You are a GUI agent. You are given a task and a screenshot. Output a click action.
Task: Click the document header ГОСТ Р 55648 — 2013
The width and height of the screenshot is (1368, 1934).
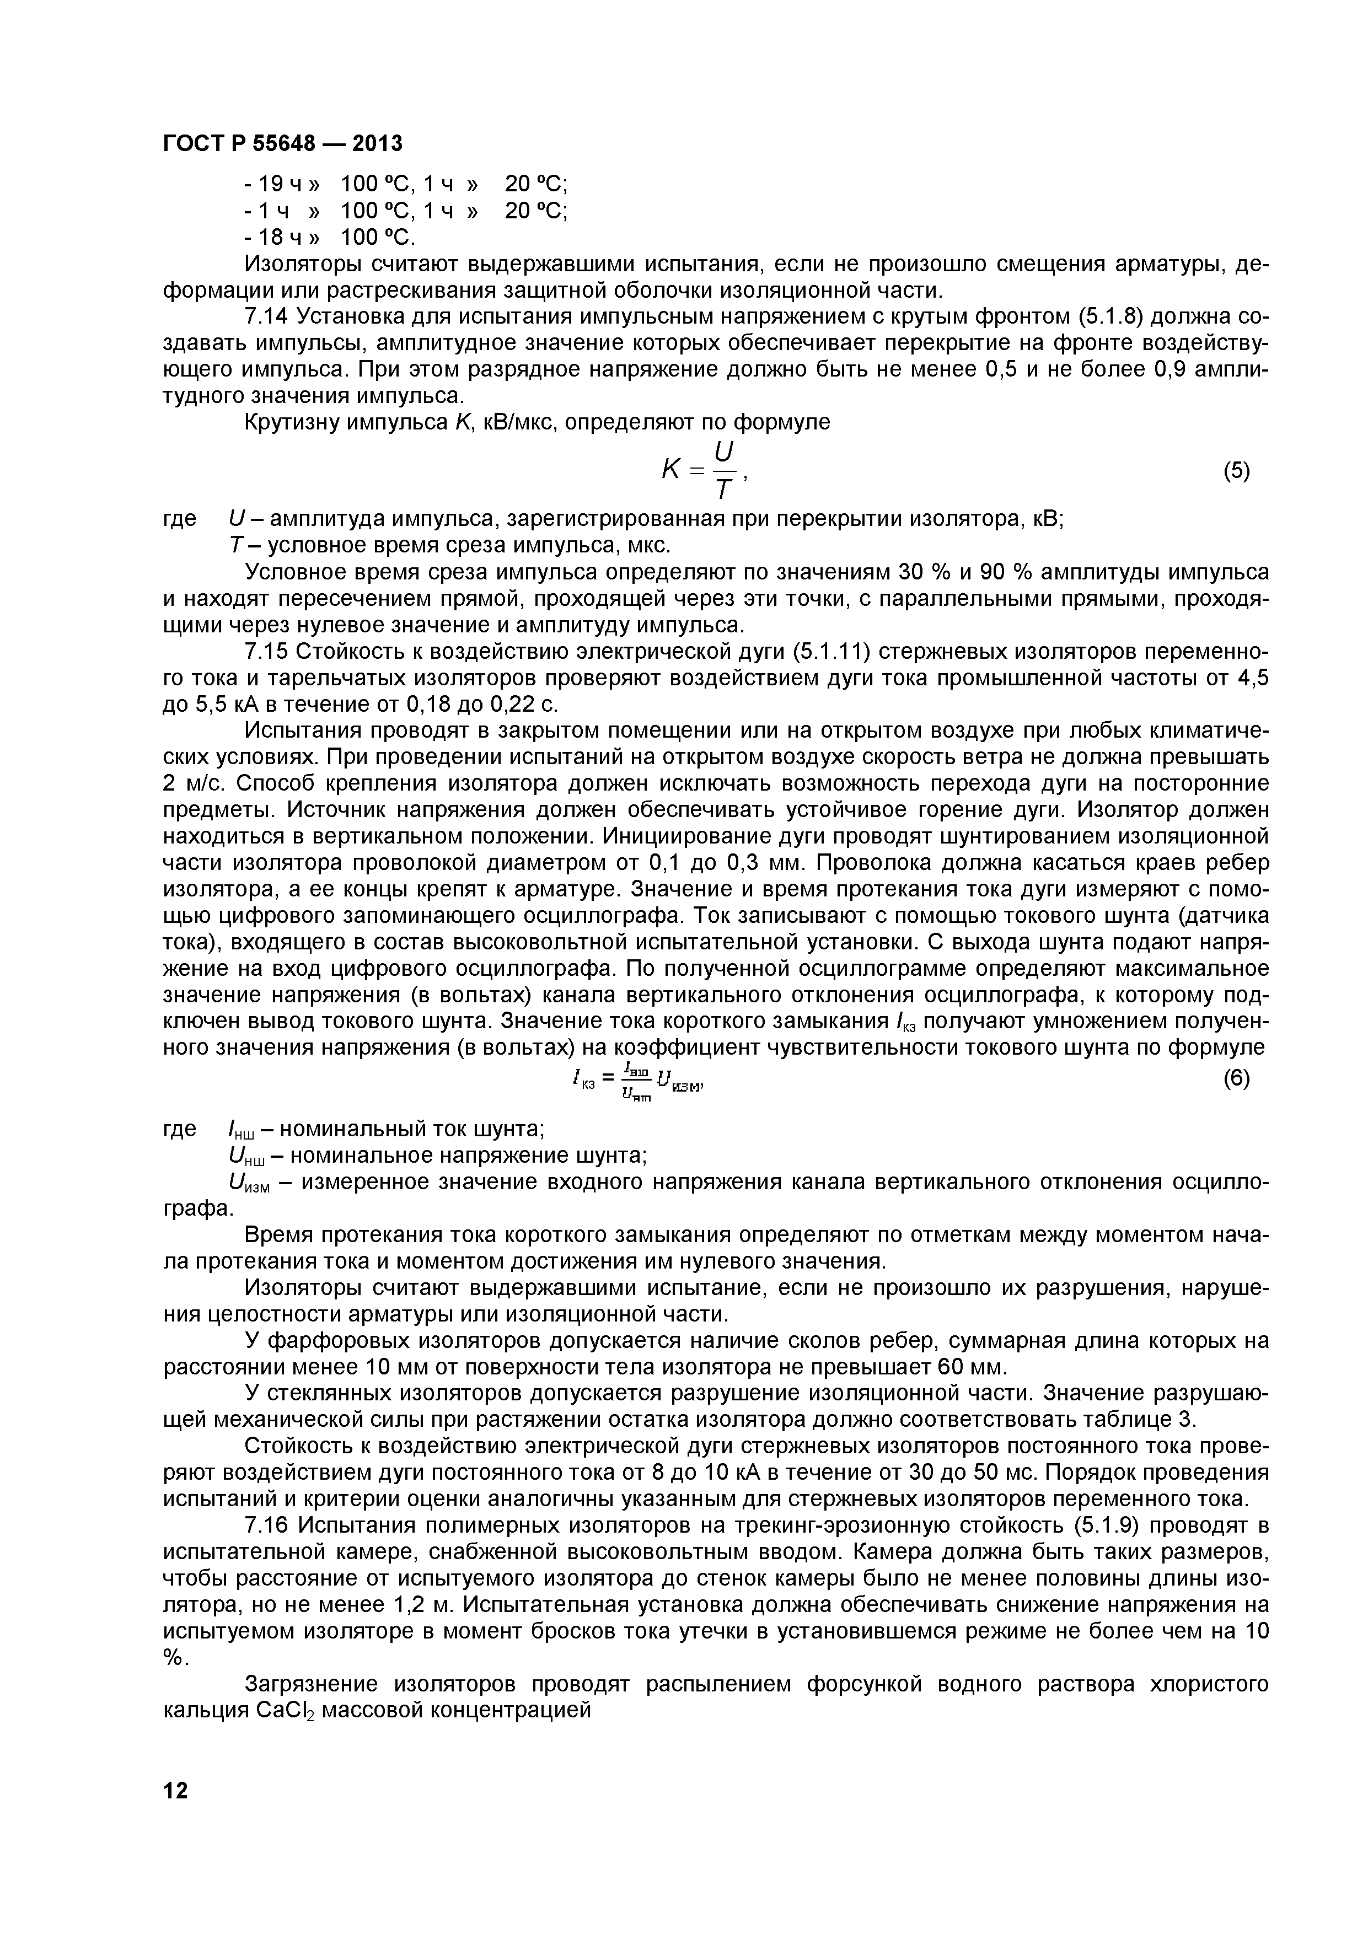[x=282, y=144]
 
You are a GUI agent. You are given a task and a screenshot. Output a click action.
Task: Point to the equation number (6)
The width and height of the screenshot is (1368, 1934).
[x=1236, y=1079]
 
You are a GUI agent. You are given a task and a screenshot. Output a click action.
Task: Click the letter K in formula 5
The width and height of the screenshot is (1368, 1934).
[x=672, y=472]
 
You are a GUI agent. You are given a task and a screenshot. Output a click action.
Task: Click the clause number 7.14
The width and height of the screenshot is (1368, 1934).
[x=266, y=316]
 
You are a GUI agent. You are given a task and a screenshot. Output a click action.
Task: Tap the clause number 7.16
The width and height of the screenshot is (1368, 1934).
[x=266, y=1525]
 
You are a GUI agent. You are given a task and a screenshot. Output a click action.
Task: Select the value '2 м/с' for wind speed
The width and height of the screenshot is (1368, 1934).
[x=193, y=783]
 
